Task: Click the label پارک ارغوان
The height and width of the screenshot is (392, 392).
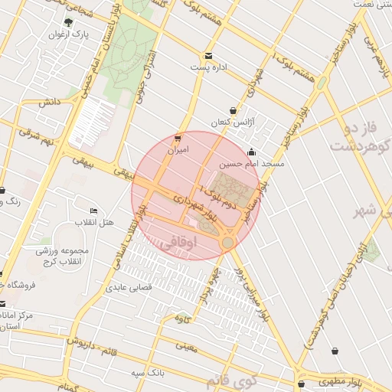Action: [69, 34]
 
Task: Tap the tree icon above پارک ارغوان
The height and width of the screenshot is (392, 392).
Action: [69, 22]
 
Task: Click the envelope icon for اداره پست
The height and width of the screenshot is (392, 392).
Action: [208, 56]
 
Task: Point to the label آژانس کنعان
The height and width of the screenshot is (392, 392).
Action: [232, 122]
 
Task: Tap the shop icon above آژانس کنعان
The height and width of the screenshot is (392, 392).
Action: [233, 111]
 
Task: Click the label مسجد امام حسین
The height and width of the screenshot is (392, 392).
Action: [252, 163]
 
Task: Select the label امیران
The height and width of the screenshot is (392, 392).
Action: [178, 150]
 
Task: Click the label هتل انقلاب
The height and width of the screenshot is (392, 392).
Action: [93, 222]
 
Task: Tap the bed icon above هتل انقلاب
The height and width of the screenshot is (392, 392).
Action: [93, 211]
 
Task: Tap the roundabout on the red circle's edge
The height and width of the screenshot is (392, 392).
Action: [227, 242]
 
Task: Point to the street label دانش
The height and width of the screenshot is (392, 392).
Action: [50, 101]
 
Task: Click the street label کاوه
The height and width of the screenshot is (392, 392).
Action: [181, 316]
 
